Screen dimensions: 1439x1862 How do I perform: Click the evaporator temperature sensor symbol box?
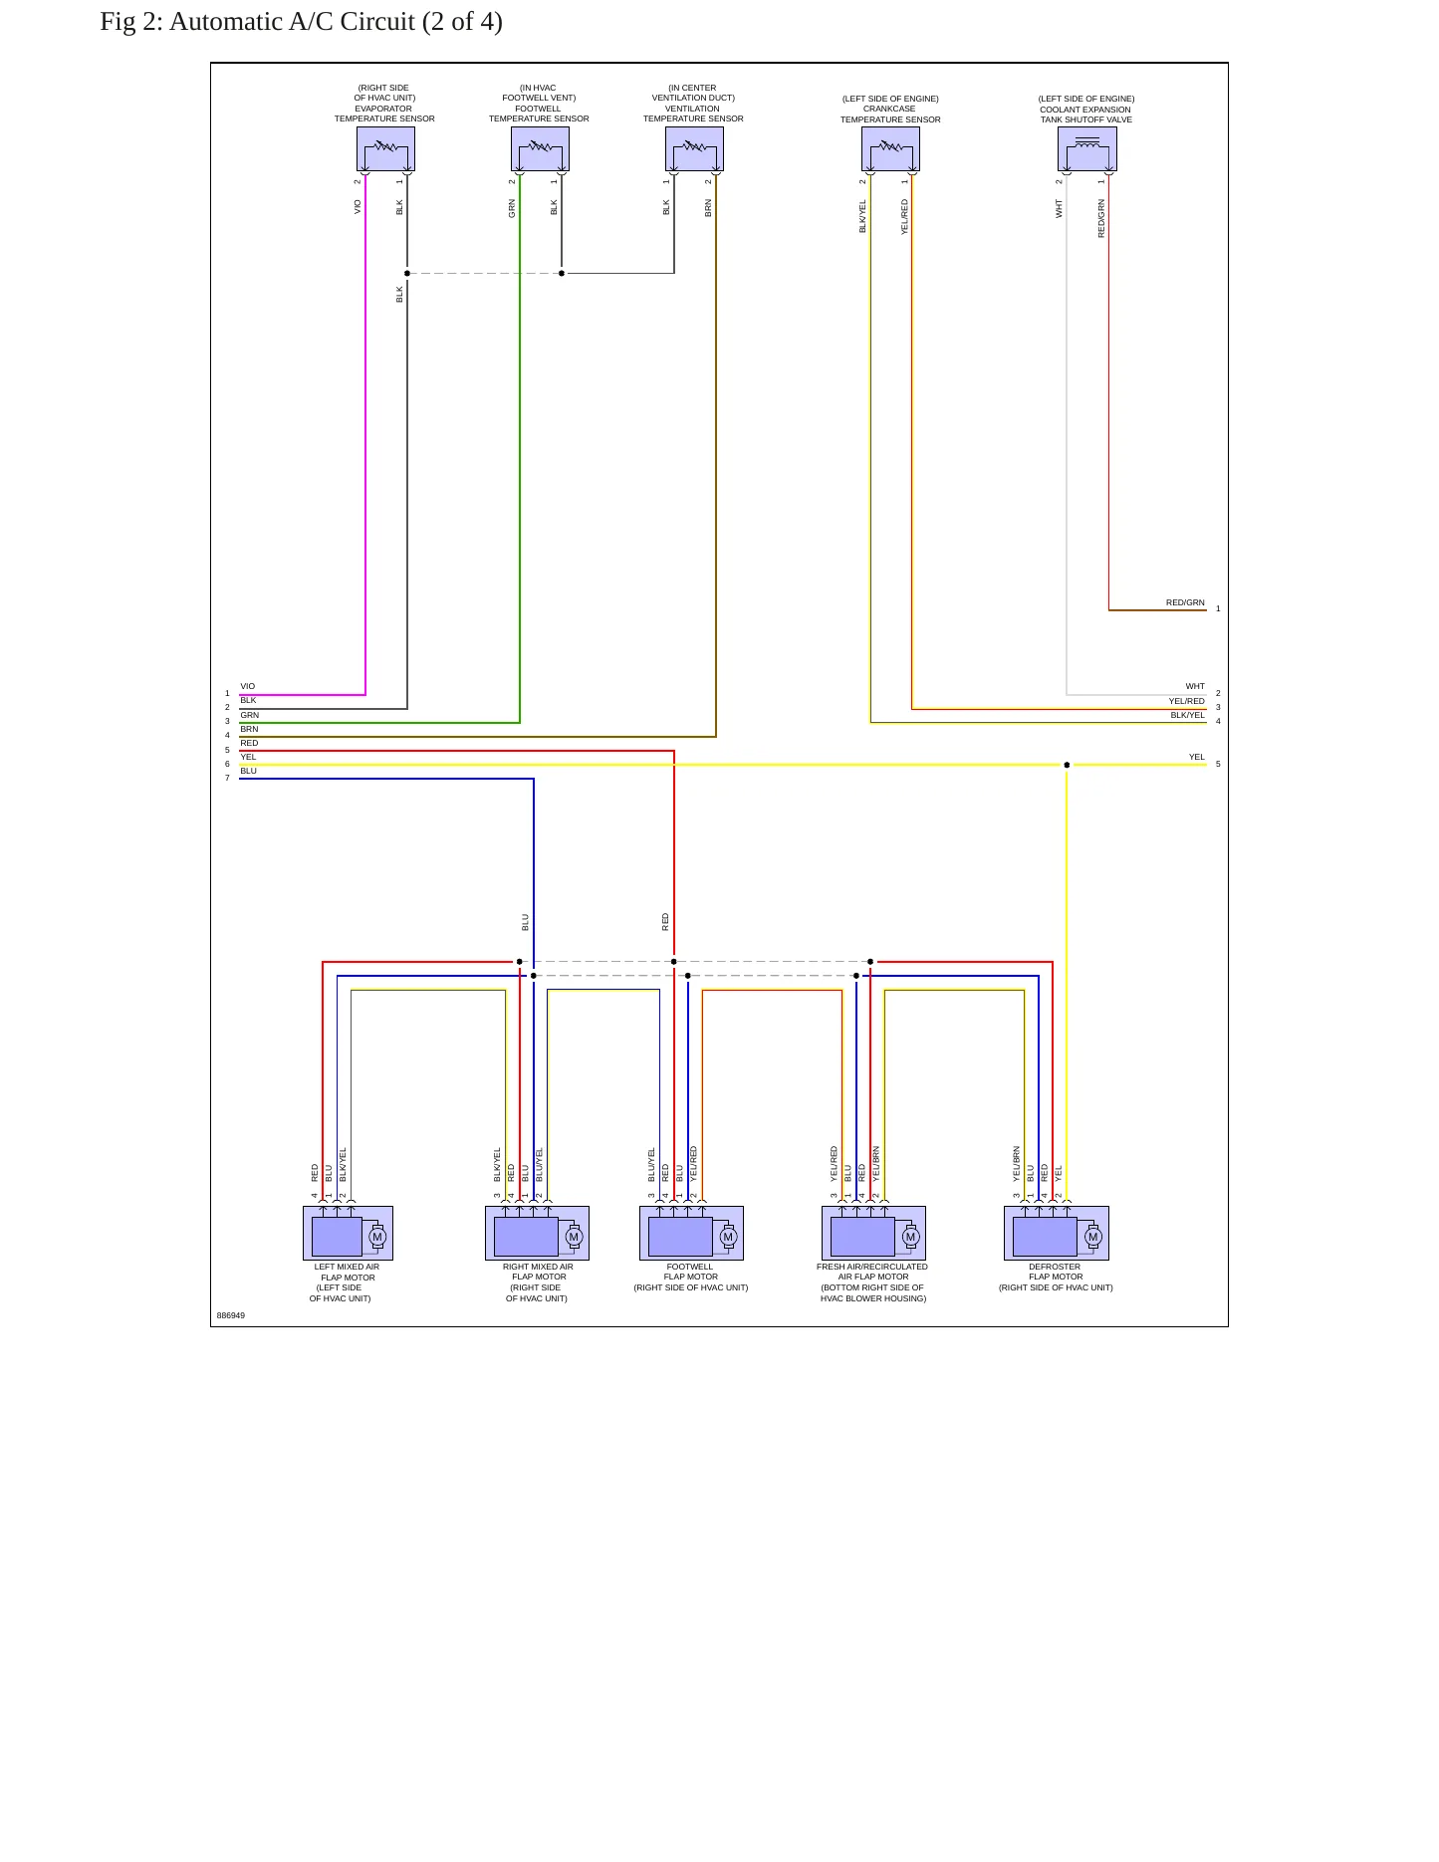(x=385, y=149)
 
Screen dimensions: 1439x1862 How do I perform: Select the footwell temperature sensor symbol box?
(x=540, y=149)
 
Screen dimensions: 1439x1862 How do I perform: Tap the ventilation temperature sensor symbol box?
(x=694, y=149)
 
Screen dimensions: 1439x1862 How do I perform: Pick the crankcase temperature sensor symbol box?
(x=890, y=149)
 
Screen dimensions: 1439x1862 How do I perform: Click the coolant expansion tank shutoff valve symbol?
(x=1087, y=149)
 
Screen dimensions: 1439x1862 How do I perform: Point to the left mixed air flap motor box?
(x=348, y=1233)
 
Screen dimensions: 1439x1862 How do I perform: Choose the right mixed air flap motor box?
(x=537, y=1233)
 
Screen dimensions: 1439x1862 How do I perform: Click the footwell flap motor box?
(x=691, y=1233)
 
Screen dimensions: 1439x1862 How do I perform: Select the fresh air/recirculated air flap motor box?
(x=873, y=1233)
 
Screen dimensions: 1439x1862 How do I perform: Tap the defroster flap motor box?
(x=1056, y=1233)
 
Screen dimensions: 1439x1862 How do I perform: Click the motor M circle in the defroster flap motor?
(x=1092, y=1237)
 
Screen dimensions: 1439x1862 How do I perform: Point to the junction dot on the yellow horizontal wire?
(x=1067, y=765)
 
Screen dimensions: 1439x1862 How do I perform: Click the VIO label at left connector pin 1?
(x=248, y=686)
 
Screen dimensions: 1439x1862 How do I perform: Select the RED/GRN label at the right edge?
(x=1185, y=602)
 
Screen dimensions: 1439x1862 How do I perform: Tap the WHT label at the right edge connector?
(x=1195, y=686)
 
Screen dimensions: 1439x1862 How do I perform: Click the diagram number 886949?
(x=231, y=1315)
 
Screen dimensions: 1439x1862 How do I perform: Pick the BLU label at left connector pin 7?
(x=248, y=771)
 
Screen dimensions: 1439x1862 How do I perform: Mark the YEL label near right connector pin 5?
(x=1196, y=757)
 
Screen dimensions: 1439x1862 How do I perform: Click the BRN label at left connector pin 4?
(x=249, y=729)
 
